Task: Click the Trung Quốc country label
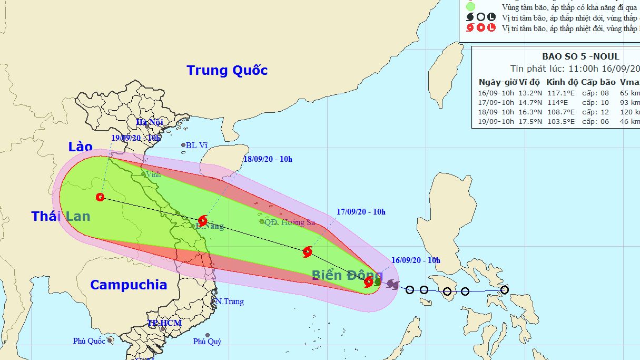click(x=227, y=71)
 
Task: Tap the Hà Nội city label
click(x=149, y=122)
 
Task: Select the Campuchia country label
click(x=129, y=285)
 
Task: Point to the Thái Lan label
click(x=61, y=216)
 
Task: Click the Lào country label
click(x=80, y=147)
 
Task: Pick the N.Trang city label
click(x=230, y=301)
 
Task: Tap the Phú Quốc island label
click(x=89, y=341)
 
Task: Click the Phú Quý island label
click(x=207, y=342)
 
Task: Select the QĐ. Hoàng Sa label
click(x=290, y=222)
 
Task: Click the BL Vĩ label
click(x=197, y=145)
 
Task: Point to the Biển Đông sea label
click(x=347, y=275)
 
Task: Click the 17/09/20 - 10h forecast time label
click(x=361, y=212)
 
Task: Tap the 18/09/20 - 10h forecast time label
click(x=268, y=159)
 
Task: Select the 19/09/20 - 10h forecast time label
click(x=136, y=138)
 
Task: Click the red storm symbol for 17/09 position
click(x=308, y=252)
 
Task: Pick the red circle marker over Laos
click(x=100, y=198)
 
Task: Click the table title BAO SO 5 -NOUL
click(x=580, y=57)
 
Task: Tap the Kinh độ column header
click(x=562, y=82)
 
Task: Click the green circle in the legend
click(x=470, y=7)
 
